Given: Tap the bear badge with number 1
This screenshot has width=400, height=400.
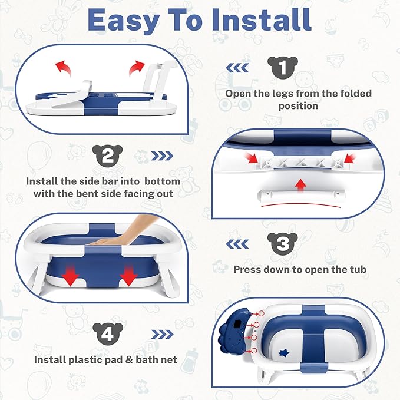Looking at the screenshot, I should tap(283, 67).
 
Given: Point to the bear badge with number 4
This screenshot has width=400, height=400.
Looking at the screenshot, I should tap(107, 334).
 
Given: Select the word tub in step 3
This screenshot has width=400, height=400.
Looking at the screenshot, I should tap(357, 270).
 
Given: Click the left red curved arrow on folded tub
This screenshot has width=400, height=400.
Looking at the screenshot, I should tap(62, 67).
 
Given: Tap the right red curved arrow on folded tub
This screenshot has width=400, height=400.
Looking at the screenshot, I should tap(139, 66).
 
